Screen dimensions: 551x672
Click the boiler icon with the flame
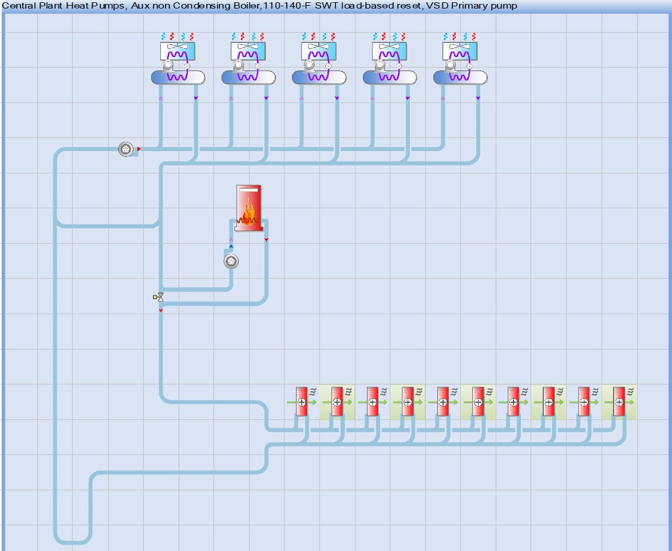pyautogui.click(x=249, y=209)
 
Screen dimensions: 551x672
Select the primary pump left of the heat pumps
pyautogui.click(x=125, y=149)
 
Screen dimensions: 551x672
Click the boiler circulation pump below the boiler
pyautogui.click(x=231, y=261)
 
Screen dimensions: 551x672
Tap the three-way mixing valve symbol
pyautogui.click(x=160, y=297)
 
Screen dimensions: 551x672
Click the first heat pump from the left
pyautogui.click(x=177, y=63)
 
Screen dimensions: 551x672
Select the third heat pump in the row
pyautogui.click(x=318, y=63)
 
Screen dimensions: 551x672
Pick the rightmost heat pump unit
pyautogui.click(x=460, y=63)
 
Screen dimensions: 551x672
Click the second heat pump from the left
pyautogui.click(x=248, y=63)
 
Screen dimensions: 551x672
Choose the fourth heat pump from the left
pyautogui.click(x=389, y=63)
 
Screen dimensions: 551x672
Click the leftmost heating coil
pyautogui.click(x=302, y=402)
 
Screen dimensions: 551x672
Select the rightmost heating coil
pyautogui.click(x=619, y=402)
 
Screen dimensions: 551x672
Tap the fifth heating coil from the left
pyautogui.click(x=442, y=402)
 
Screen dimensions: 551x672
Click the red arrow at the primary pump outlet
pyautogui.click(x=139, y=149)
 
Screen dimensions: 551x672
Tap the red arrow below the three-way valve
pyautogui.click(x=161, y=310)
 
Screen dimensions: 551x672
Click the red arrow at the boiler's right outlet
pyautogui.click(x=266, y=239)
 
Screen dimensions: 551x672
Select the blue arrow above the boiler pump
pyautogui.click(x=231, y=247)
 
